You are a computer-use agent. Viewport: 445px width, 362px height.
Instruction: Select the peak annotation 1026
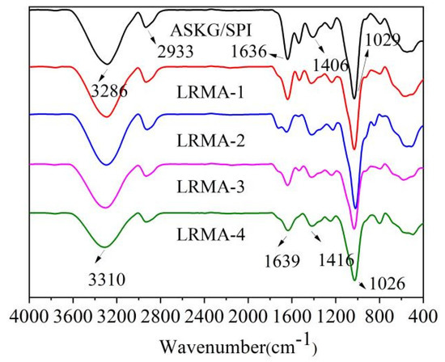pos(384,282)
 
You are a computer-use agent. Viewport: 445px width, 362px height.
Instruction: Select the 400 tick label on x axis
pos(423,315)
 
